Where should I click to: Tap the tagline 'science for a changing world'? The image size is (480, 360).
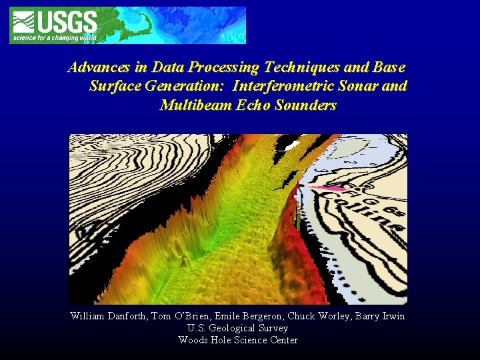point(55,38)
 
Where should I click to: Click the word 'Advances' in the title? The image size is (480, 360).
point(94,67)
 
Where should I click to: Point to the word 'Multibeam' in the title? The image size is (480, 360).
point(193,105)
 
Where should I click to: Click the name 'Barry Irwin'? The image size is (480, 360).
point(381,316)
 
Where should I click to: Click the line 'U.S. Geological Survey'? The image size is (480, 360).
point(238,328)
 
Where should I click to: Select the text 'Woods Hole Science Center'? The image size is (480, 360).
point(238,340)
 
